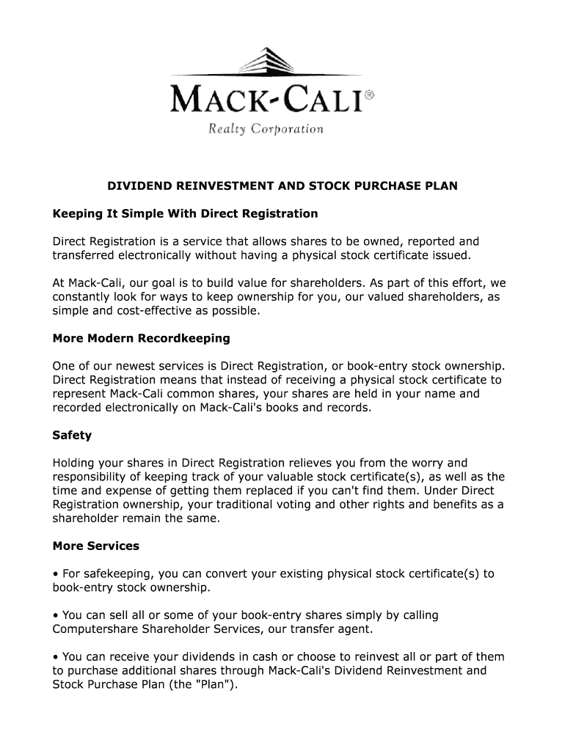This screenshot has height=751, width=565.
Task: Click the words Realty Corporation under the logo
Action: pyautogui.click(x=266, y=130)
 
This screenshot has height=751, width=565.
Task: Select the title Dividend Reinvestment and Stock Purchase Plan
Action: pyautogui.click(x=282, y=186)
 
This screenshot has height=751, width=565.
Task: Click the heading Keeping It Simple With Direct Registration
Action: pyautogui.click(x=186, y=213)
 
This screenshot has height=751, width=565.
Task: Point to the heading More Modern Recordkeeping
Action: pyautogui.click(x=142, y=338)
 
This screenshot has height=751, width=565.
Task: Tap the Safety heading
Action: pyautogui.click(x=72, y=435)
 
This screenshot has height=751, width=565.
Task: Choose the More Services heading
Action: pyautogui.click(x=96, y=546)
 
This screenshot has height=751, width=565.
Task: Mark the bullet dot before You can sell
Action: pyautogui.click(x=56, y=616)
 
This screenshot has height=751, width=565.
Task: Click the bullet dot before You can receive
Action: pyautogui.click(x=56, y=657)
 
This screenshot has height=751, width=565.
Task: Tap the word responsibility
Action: pyautogui.click(x=91, y=477)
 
